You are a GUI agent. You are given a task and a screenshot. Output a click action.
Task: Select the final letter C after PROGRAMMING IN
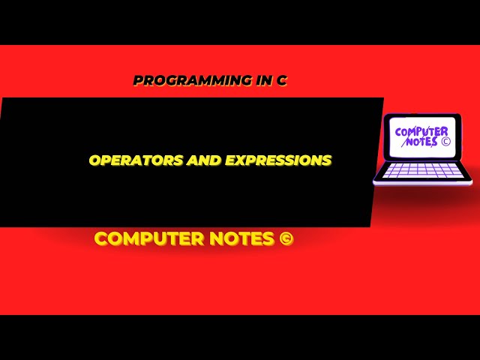[x=282, y=80]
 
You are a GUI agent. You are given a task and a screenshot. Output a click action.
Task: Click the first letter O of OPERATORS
[x=94, y=160]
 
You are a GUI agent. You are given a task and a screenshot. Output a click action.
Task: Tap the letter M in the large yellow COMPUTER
[x=130, y=239]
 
